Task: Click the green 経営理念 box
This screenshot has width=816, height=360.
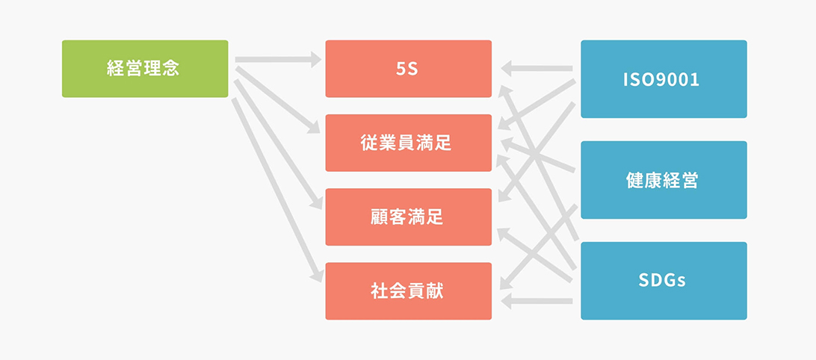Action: [x=145, y=69]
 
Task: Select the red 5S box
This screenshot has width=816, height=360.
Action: [x=409, y=69]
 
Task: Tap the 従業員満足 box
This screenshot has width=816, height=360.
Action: [x=409, y=143]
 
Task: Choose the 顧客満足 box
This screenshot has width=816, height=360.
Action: [x=409, y=217]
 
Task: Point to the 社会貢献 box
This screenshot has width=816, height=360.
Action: [x=409, y=291]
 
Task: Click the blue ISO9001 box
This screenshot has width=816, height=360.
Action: [x=664, y=79]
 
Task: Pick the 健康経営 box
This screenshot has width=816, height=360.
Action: [x=664, y=180]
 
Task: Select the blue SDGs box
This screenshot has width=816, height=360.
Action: [x=664, y=280]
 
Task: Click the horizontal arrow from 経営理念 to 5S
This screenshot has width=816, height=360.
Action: [x=279, y=59]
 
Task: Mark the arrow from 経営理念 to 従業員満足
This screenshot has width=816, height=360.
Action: [x=277, y=100]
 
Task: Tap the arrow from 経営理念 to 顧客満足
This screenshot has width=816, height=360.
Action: [x=278, y=145]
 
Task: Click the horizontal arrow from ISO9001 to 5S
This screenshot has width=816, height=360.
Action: [x=537, y=68]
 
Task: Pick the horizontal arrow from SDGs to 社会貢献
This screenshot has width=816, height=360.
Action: [x=537, y=301]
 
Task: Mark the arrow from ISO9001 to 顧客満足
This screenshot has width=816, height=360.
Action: [x=537, y=152]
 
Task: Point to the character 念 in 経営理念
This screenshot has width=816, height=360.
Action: [x=170, y=69]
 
